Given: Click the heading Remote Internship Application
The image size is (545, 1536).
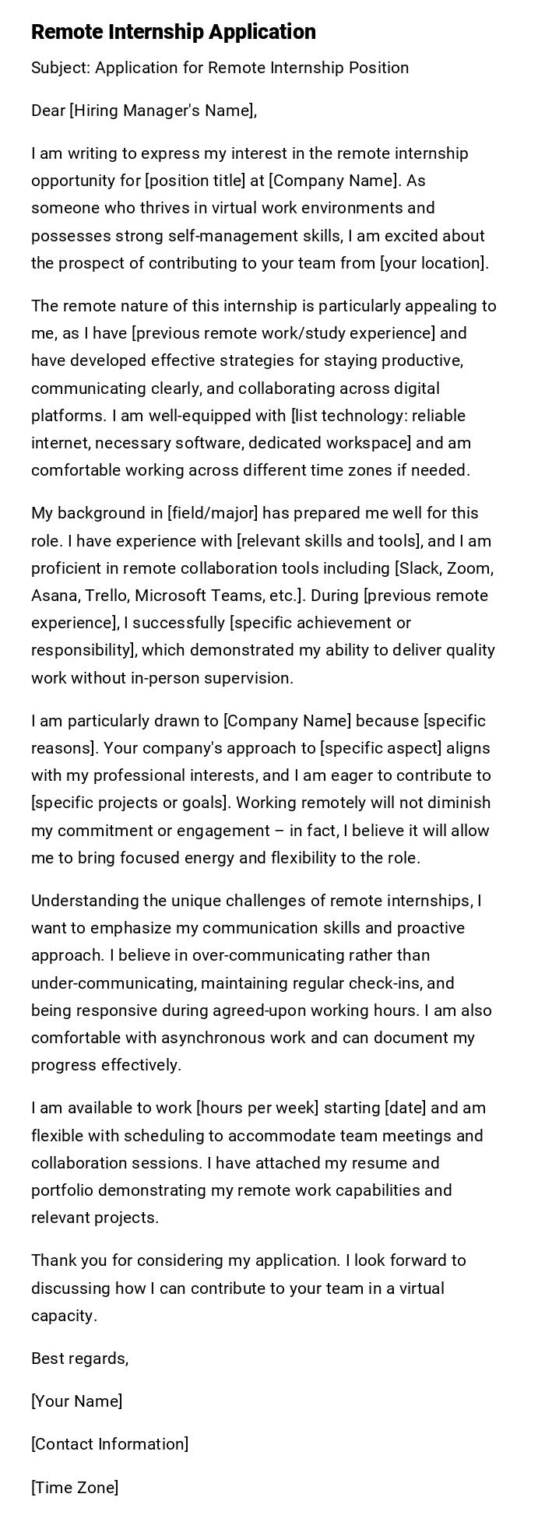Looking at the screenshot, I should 174,32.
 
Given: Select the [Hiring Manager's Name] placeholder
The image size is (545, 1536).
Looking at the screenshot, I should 162,111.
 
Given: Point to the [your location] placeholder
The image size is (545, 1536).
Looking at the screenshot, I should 432,263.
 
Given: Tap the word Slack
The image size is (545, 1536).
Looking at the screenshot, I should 421,568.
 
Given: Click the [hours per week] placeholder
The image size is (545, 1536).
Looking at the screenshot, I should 257,1109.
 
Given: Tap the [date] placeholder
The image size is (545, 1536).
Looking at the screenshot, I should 404,1109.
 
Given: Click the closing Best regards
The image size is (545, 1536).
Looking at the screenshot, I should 79,1359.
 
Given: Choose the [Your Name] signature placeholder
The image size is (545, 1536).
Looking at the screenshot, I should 76,1402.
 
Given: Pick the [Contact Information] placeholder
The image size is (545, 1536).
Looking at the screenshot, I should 110,1445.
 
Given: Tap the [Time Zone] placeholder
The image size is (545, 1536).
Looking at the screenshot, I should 75,1489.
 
